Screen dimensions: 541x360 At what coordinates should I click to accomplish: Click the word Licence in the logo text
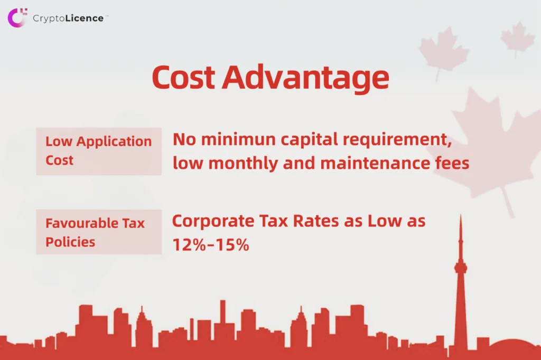(85, 18)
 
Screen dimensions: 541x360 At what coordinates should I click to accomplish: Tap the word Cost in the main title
(183, 77)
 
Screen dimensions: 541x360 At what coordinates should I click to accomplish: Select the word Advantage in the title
(306, 79)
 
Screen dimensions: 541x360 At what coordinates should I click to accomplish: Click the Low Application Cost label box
(99, 151)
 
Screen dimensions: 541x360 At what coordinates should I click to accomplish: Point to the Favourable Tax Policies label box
(99, 232)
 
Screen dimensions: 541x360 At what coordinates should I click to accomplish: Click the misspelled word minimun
(238, 139)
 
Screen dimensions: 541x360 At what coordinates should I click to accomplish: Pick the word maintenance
(373, 164)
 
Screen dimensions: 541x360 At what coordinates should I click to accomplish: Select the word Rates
(316, 221)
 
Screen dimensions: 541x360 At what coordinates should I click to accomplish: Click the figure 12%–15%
(210, 245)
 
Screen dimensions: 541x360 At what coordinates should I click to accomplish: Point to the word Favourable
(81, 223)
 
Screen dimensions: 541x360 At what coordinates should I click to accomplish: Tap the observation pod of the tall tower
(461, 268)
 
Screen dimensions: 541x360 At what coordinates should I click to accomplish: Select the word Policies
(70, 242)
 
